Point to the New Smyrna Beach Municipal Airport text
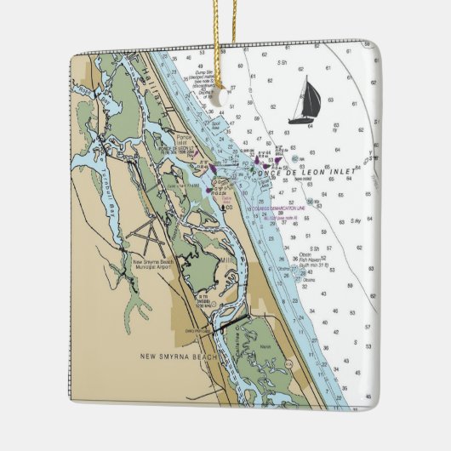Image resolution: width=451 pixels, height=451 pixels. [x=149, y=265]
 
